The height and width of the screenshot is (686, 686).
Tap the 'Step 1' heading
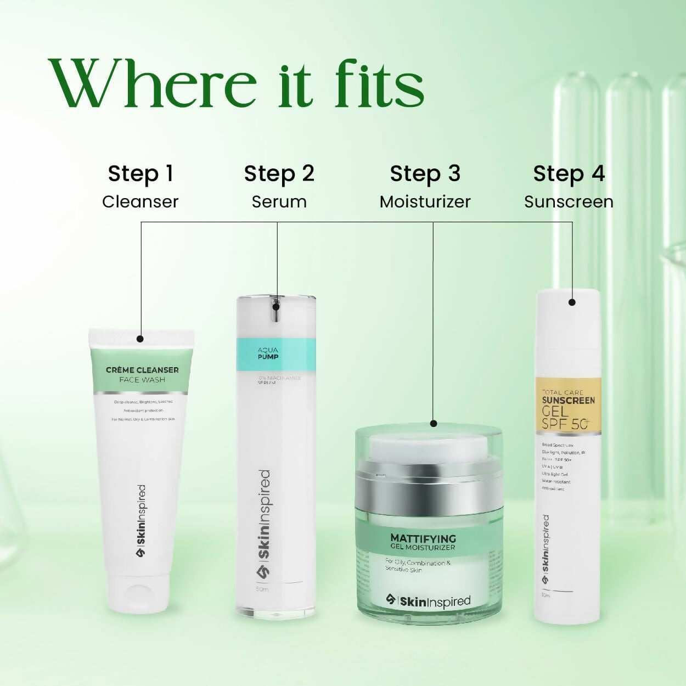(140, 173)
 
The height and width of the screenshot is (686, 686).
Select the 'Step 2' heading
(279, 173)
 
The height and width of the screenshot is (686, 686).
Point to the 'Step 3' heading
(425, 173)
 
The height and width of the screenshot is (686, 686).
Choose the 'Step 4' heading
(569, 173)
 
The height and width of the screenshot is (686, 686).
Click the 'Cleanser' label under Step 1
(140, 202)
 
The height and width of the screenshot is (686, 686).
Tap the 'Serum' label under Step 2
(279, 202)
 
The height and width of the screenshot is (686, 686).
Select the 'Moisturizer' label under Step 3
(425, 202)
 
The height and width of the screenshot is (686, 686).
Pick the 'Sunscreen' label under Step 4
(569, 202)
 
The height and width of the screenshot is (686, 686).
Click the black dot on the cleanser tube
(140, 339)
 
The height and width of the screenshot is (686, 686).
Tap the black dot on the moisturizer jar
(434, 423)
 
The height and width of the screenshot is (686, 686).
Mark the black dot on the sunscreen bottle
(572, 302)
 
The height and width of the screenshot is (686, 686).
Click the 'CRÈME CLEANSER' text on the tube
(142, 370)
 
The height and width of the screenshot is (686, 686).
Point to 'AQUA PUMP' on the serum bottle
(268, 353)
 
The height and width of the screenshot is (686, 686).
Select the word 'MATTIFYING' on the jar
(423, 538)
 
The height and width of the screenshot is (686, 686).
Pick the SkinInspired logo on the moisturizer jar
(428, 601)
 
